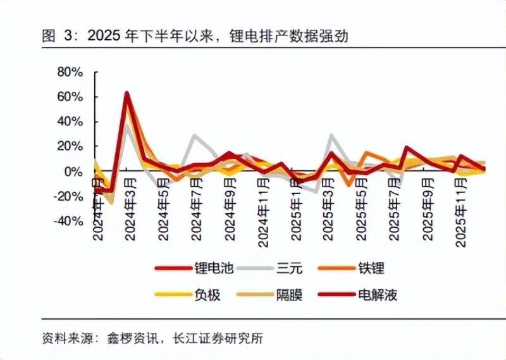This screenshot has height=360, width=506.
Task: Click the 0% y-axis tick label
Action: click(74, 171)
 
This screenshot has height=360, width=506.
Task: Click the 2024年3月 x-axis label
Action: click(131, 209)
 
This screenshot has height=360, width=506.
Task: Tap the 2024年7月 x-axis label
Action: click(197, 209)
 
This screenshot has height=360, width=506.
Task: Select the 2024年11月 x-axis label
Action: click(262, 211)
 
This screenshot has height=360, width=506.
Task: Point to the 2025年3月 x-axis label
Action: click(328, 209)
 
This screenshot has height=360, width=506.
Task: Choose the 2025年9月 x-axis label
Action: click(427, 209)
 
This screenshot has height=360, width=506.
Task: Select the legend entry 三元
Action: click(290, 268)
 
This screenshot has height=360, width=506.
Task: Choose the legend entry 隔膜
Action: click(290, 294)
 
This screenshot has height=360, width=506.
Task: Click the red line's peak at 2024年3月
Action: click(127, 93)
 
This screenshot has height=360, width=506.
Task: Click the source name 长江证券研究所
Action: click(218, 338)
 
